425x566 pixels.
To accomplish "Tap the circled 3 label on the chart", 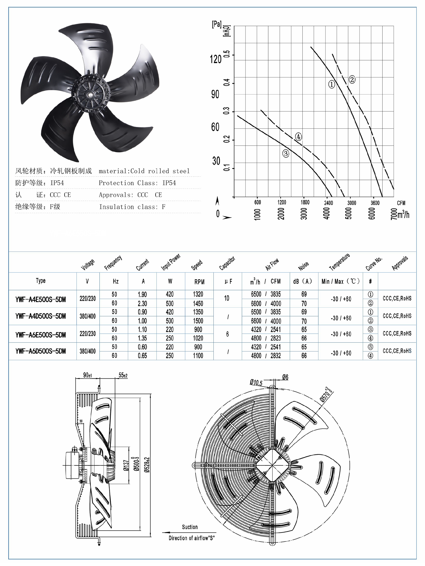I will coord(286,154).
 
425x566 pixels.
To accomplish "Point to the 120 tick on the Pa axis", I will coord(215,59).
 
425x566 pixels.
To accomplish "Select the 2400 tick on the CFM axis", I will coord(328,203).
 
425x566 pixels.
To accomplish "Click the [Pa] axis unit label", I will coord(217,25).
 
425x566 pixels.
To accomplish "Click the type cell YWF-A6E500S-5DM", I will coord(41,335).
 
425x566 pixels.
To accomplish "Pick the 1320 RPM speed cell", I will coord(198,294).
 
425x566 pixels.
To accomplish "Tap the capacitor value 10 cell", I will coord(227,298).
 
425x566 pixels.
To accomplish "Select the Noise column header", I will coord(303,266).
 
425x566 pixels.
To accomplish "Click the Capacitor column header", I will coord(227,264).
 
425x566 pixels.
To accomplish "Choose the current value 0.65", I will coord(142,356).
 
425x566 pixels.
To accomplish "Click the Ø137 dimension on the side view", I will coord(126,466).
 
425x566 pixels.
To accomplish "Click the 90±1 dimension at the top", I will coord(87,375).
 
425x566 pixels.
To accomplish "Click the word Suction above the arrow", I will coord(190,527).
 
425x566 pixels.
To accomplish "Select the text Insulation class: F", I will coord(132,207).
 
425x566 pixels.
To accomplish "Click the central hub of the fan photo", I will coord(90,94).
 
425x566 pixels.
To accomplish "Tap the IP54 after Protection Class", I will coord(169,183).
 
